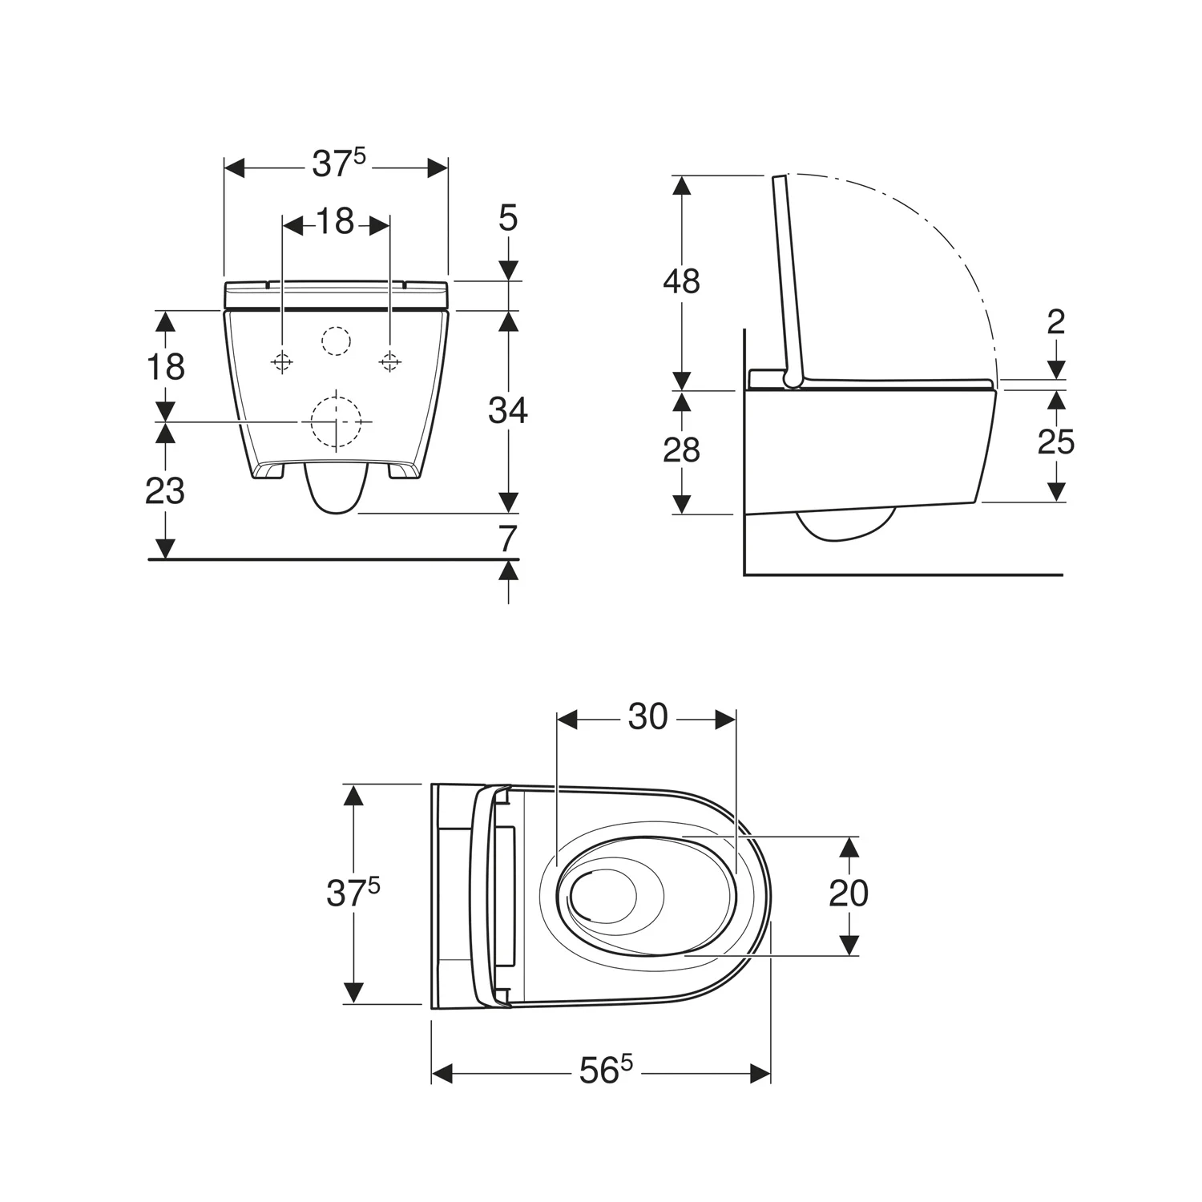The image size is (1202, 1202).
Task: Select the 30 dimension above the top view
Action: [x=647, y=717]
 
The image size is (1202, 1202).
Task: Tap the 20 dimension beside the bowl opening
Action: [x=849, y=893]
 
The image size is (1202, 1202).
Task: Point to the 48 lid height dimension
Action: [x=681, y=281]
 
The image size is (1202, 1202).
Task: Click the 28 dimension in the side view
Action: [x=681, y=450]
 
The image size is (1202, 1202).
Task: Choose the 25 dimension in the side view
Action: [x=1055, y=442]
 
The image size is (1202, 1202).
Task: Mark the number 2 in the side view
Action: [x=1055, y=322]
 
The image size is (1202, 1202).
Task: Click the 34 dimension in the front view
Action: [x=508, y=411]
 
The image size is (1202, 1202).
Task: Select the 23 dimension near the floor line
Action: [x=165, y=490]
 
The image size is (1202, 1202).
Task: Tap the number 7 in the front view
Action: [x=508, y=539]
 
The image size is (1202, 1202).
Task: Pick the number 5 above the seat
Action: [x=508, y=219]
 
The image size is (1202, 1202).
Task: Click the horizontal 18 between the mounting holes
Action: [x=335, y=223]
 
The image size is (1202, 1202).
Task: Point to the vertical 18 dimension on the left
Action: [x=165, y=366]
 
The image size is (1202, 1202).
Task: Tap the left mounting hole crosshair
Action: [x=281, y=362]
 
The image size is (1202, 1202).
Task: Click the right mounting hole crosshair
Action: [x=389, y=362]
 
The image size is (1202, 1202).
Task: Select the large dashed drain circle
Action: [x=335, y=422]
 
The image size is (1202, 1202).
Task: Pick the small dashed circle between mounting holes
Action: [x=336, y=341]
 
